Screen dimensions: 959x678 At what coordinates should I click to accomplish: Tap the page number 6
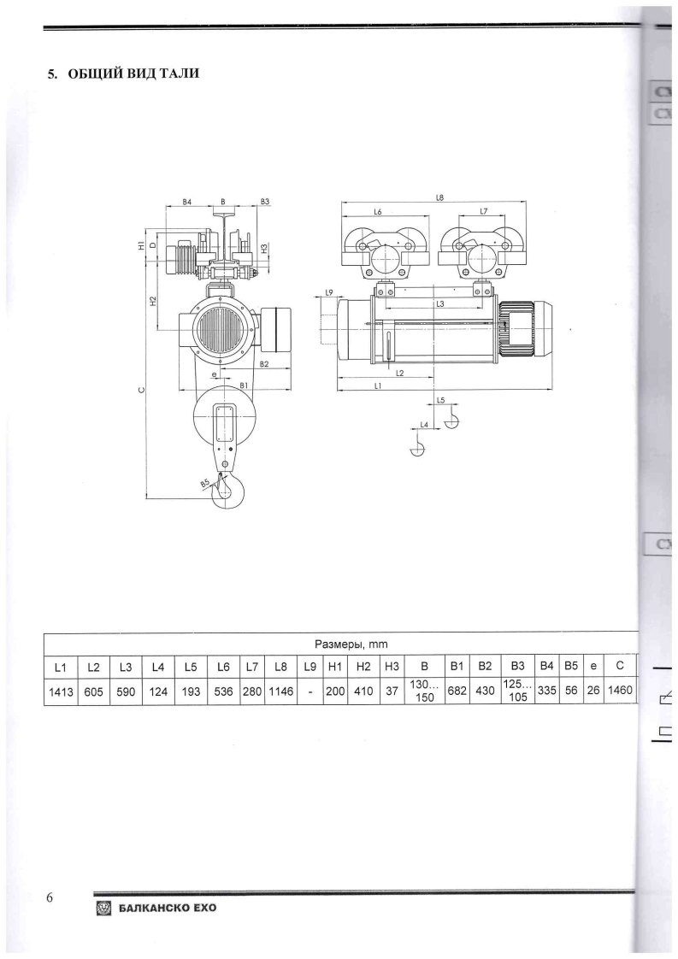[50, 897]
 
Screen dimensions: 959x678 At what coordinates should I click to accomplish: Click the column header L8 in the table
[280, 665]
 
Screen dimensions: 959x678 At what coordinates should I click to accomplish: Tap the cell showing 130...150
[425, 691]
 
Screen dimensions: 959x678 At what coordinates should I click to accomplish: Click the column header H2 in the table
[363, 665]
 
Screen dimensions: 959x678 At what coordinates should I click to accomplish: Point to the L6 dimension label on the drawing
[378, 211]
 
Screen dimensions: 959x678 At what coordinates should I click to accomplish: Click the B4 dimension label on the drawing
[186, 202]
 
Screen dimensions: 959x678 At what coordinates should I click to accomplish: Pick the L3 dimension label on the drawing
[439, 303]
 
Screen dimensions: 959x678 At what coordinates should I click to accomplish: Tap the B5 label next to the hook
[203, 483]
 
